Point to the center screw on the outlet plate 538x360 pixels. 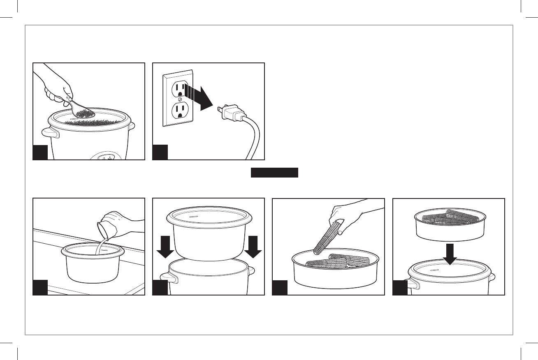click(x=180, y=99)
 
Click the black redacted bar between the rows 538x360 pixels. click(x=274, y=172)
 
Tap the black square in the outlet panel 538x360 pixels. click(x=160, y=152)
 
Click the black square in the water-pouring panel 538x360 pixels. click(x=40, y=288)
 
